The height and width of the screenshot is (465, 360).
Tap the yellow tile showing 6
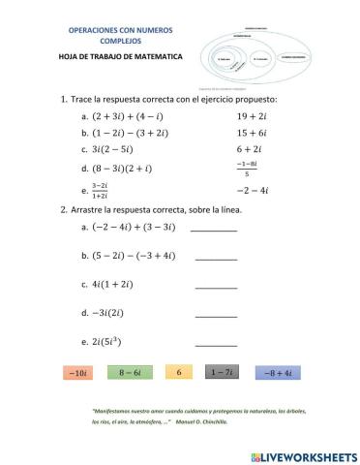pos(178,372)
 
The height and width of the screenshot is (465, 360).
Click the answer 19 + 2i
pos(255,116)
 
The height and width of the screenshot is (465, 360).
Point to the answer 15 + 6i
pos(255,133)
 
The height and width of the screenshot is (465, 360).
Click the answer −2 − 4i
pos(255,190)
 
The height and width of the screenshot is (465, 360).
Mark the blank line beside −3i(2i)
pos(216,316)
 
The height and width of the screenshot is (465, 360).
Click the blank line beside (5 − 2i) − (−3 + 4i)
pos(216,259)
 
